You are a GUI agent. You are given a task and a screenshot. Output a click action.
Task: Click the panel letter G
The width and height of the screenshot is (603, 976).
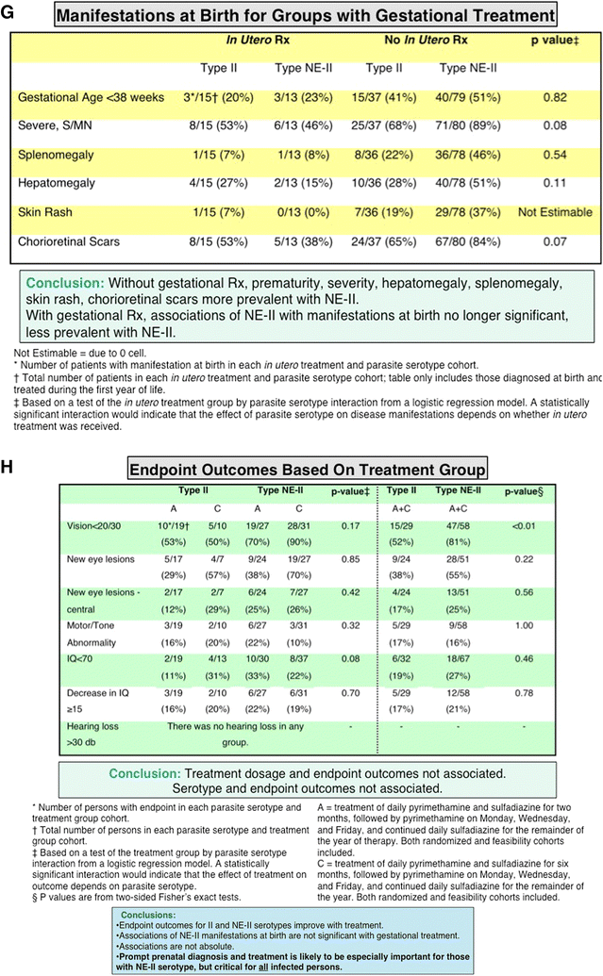(x=9, y=13)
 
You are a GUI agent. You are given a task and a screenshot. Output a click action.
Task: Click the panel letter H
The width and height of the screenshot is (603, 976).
(x=9, y=466)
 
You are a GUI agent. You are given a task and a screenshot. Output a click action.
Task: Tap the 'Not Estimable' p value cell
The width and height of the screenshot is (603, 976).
(x=555, y=213)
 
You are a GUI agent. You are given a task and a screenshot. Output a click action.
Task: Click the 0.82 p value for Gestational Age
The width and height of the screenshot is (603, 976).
(x=555, y=98)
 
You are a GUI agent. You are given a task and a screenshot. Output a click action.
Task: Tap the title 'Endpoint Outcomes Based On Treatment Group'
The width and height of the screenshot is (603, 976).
(x=307, y=469)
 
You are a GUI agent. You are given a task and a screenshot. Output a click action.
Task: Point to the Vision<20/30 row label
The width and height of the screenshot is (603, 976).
(x=98, y=525)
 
